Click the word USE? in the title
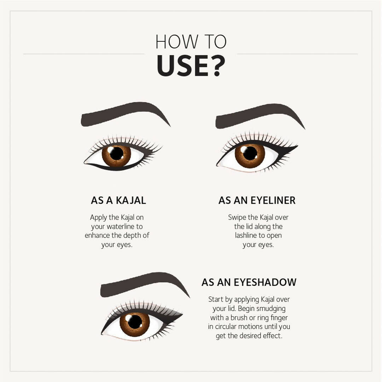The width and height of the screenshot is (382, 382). click(191, 66)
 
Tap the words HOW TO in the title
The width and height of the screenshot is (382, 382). click(191, 42)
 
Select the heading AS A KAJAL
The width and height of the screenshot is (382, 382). click(118, 200)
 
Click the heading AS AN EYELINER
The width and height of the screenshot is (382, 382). click(257, 200)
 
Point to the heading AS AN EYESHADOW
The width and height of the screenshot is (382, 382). click(249, 282)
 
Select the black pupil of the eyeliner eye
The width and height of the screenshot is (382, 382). click(250, 153)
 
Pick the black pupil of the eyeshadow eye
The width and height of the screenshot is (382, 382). click(135, 322)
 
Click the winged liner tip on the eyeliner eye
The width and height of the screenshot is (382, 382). click(297, 146)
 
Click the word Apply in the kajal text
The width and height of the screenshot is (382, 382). click(99, 218)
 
